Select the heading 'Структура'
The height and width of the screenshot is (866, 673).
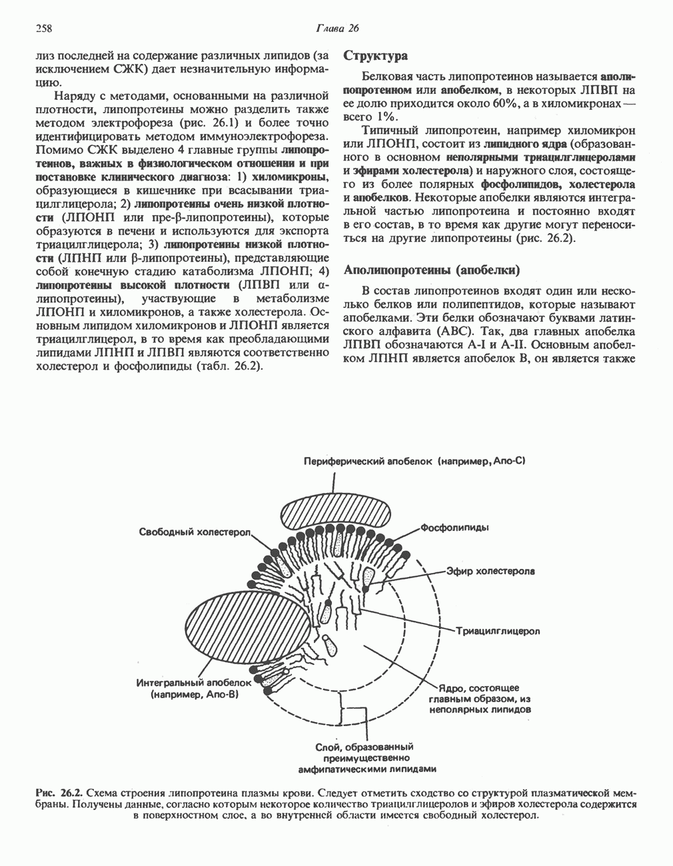click(x=375, y=56)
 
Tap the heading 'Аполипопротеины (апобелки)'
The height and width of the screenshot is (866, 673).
click(x=430, y=270)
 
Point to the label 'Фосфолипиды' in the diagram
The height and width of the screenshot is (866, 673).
click(x=455, y=528)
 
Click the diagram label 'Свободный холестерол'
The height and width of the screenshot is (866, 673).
click(x=195, y=532)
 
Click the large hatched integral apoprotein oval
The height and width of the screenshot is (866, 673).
click(x=247, y=630)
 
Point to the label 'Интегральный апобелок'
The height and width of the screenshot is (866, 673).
click(x=194, y=683)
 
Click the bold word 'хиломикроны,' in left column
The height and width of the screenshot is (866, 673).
click(x=291, y=176)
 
